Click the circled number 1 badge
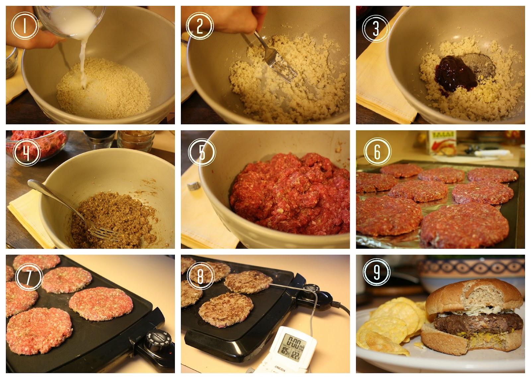25,26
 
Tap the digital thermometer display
292,345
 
